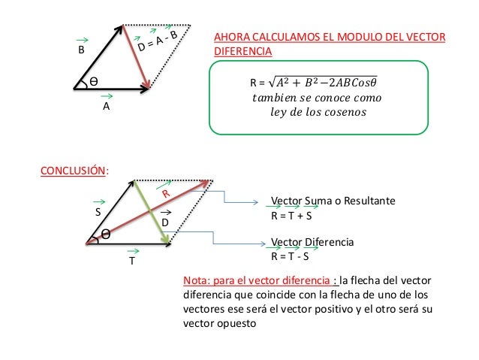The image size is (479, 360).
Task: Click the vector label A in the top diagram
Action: (x=106, y=107)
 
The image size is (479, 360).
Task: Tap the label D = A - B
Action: (x=157, y=42)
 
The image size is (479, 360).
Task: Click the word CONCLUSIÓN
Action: (x=73, y=170)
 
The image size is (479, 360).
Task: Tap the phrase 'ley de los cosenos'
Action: (x=315, y=113)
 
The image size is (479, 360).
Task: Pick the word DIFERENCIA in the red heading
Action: (x=243, y=51)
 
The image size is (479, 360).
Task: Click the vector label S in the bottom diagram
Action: (x=98, y=213)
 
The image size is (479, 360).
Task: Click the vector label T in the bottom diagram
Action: (x=131, y=262)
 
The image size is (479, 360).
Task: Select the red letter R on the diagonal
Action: (x=168, y=194)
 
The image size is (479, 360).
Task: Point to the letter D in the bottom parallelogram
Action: (x=165, y=223)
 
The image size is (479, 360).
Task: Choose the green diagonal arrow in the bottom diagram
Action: (x=150, y=213)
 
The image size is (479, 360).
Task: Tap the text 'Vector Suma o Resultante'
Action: (x=332, y=202)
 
